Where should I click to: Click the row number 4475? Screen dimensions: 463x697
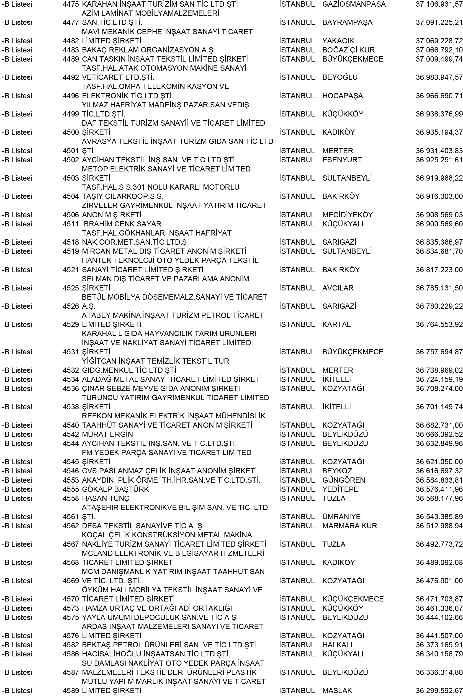pos(71,4)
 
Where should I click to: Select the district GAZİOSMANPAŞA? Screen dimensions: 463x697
pos(354,4)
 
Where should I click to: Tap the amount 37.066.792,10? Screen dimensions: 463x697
pos(439,50)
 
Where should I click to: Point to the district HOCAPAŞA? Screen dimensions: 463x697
pos(342,96)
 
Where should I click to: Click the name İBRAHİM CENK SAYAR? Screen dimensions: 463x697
pos(121,224)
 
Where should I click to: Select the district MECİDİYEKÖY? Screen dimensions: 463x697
pos(347,215)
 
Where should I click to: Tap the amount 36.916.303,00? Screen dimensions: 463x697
pos(439,197)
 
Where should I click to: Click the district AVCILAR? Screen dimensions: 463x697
pos(338,288)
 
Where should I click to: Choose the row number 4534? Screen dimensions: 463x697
pos(71,379)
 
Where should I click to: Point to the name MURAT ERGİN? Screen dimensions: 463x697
pos(107,434)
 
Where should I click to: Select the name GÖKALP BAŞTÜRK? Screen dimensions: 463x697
pos(115,489)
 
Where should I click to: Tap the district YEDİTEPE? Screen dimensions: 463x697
pos(340,489)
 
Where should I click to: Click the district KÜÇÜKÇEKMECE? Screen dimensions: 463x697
pos(353,599)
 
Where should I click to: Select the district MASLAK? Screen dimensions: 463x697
pos(337,690)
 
